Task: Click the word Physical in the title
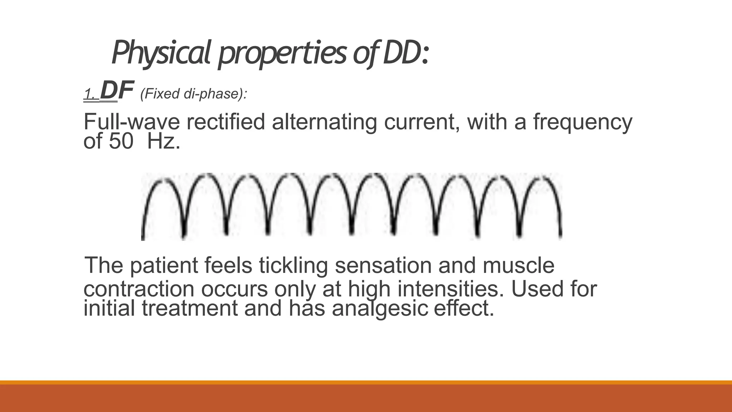point(161,53)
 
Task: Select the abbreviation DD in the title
point(401,53)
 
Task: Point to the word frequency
point(582,122)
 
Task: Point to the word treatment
point(190,308)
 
